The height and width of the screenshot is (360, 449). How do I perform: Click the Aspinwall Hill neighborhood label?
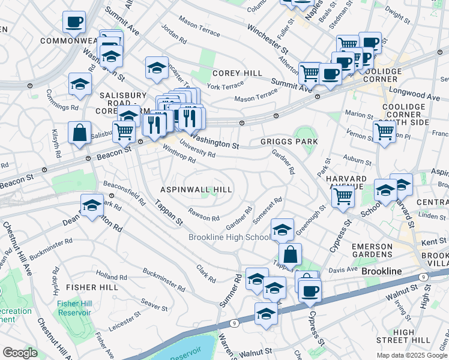tap(196, 189)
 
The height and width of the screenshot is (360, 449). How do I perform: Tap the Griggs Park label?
tap(289, 142)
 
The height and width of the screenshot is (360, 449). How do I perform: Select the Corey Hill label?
tap(237, 73)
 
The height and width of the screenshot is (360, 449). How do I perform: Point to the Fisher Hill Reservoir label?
tap(74, 308)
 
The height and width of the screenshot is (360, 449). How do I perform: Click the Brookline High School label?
tap(229, 237)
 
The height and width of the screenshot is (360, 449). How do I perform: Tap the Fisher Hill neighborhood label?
tap(92, 287)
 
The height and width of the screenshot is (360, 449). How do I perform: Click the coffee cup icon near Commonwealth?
tap(74, 22)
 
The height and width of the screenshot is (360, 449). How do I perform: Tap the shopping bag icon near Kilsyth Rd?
tap(79, 133)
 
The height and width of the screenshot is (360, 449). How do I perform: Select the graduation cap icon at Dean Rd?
tap(92, 206)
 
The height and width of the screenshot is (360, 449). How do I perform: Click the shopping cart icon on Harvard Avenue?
tap(343, 197)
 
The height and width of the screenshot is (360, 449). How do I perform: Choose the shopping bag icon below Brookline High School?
tap(290, 254)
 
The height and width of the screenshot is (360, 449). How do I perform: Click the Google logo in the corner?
tap(20, 353)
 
